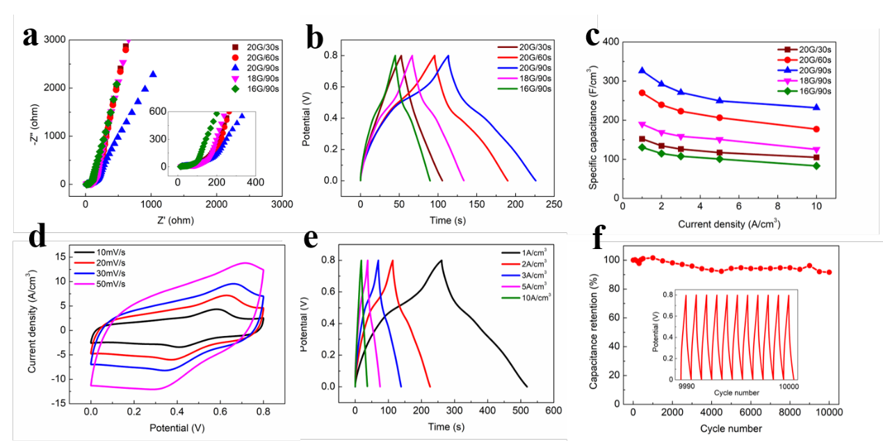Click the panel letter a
[x=30, y=36]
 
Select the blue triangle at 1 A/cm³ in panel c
[x=642, y=70]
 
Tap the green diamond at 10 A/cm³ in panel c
[x=816, y=166]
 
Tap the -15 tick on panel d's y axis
[x=65, y=403]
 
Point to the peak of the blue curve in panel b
[x=448, y=56]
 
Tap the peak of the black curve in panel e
[x=441, y=260]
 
